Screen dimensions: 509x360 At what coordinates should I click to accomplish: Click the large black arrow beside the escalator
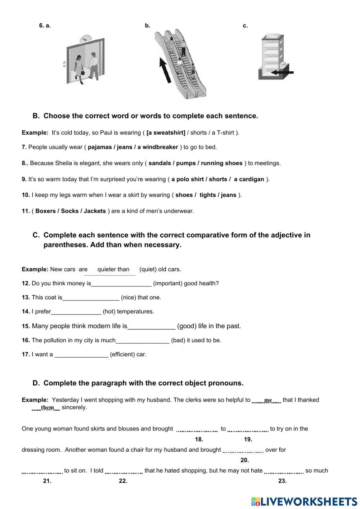[165, 70]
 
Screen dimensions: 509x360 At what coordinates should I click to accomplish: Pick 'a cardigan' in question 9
[249, 179]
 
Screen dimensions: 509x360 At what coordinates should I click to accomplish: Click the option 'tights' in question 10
[207, 195]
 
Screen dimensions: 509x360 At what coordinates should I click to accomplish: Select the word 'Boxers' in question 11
[45, 211]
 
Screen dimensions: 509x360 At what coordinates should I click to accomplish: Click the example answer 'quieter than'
[113, 269]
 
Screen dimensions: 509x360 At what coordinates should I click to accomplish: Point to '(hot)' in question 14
[109, 312]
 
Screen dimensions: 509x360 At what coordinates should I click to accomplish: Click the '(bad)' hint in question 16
[177, 340]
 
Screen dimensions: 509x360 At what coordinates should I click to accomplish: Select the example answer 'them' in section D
[47, 408]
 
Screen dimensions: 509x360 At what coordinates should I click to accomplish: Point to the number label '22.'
[123, 481]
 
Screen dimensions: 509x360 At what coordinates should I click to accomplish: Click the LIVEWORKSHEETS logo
[304, 501]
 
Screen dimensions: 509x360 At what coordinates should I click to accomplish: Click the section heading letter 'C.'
[36, 235]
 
